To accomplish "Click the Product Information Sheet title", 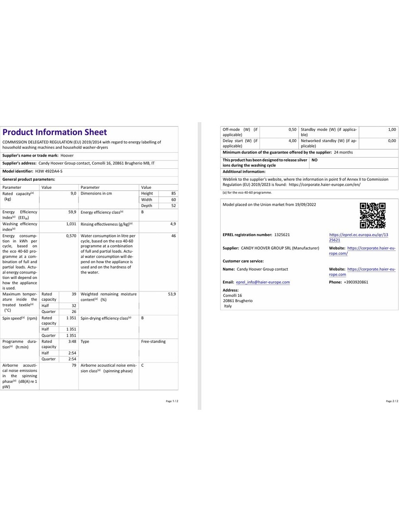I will (x=54, y=132).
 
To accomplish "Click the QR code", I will (x=372, y=215).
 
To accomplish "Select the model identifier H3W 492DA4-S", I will (x=49, y=171).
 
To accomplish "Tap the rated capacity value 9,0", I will (x=73, y=194).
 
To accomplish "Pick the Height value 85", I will (x=173, y=194).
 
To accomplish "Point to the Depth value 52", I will (x=173, y=206).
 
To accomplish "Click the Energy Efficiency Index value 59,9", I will (x=72, y=212).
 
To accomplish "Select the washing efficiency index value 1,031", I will (x=71, y=224).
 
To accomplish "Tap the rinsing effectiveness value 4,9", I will (x=173, y=224).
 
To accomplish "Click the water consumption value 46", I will (x=173, y=236).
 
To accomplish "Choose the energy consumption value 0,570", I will (x=71, y=236).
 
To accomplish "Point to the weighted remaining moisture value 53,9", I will (x=172, y=294).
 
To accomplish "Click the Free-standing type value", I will (x=153, y=342).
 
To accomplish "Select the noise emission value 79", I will (x=74, y=365).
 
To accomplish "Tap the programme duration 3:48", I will (x=72, y=342).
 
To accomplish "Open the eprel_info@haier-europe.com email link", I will (x=263, y=282).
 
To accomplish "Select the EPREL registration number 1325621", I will (x=282, y=235).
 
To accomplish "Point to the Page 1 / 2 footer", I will (x=172, y=401).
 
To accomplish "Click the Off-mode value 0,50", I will (x=292, y=130).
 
